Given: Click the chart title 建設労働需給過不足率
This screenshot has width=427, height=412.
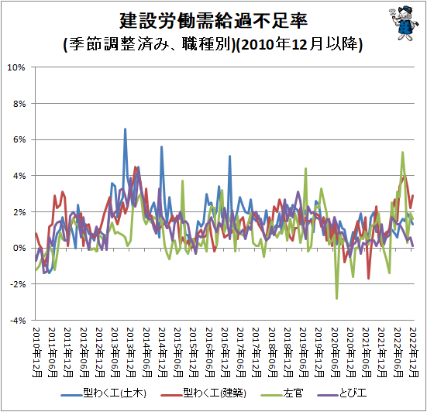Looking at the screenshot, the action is click(214, 21).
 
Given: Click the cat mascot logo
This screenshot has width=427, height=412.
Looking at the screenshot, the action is click(404, 23).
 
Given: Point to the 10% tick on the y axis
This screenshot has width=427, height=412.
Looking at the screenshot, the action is click(16, 67).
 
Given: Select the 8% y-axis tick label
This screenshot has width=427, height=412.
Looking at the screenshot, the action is click(19, 104).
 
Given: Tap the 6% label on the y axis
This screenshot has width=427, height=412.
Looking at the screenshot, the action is click(19, 140).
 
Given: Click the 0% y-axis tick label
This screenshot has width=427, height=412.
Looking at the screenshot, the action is click(19, 248).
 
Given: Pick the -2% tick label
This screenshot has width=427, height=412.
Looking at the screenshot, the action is click(18, 284).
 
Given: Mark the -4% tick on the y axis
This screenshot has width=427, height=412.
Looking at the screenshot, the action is click(18, 321).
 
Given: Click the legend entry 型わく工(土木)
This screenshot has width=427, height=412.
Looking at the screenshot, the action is click(104, 393).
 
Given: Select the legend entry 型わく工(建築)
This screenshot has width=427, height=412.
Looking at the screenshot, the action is click(204, 393).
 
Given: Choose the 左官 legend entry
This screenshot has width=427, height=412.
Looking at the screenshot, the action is click(282, 393).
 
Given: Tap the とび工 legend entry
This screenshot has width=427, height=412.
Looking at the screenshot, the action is click(342, 393).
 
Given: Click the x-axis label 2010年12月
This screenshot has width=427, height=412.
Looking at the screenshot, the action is click(36, 352).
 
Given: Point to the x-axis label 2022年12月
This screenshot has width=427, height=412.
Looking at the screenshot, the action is click(414, 352).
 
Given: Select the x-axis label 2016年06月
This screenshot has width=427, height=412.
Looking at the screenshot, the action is click(209, 352).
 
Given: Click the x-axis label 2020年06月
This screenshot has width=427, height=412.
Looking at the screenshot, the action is click(336, 352).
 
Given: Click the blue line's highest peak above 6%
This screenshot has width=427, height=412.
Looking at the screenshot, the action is click(125, 129).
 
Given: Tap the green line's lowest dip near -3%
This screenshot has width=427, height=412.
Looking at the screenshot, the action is click(337, 298).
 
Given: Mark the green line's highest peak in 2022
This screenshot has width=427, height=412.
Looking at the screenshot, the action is click(402, 153).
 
